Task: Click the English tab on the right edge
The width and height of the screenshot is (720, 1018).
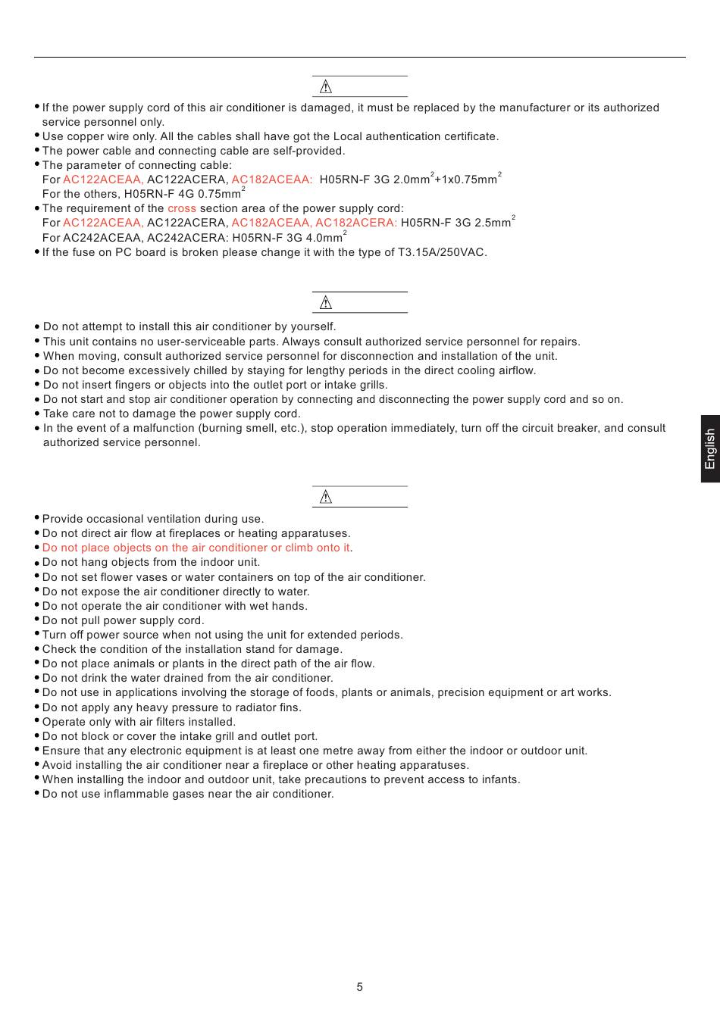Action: [710, 448]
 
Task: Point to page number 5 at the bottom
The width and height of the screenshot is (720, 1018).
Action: [359, 987]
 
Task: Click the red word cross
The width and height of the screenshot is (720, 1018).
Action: [182, 208]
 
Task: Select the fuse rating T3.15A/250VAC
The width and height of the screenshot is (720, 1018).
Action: [442, 252]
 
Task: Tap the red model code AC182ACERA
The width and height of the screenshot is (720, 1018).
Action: [355, 223]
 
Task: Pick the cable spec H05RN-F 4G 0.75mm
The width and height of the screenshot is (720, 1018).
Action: [183, 194]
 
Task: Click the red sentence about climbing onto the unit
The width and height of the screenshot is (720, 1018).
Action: [196, 548]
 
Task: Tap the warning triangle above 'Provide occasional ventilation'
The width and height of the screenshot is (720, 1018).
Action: [326, 497]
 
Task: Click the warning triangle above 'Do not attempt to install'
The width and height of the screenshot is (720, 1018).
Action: [326, 303]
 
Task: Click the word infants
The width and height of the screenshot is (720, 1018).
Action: [500, 779]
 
